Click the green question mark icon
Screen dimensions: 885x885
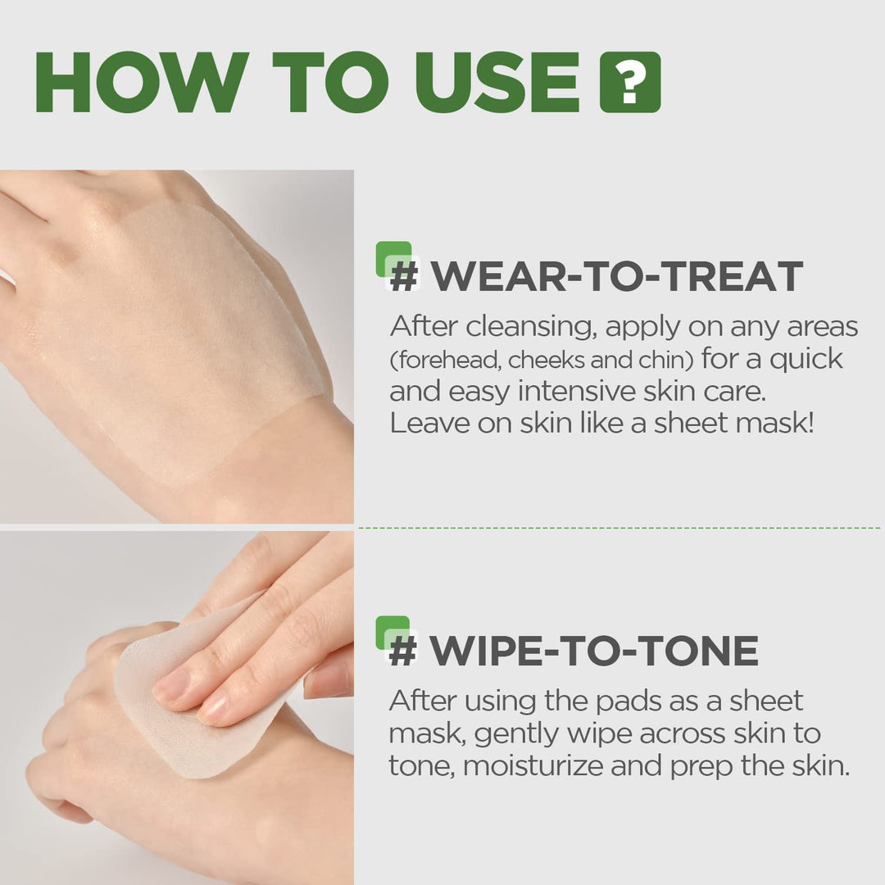pos(630,82)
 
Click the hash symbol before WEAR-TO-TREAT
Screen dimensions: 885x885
pos(403,276)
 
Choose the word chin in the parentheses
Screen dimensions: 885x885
pos(655,360)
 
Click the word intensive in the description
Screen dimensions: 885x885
pos(569,392)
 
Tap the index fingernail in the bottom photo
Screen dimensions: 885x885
pos(172,685)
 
